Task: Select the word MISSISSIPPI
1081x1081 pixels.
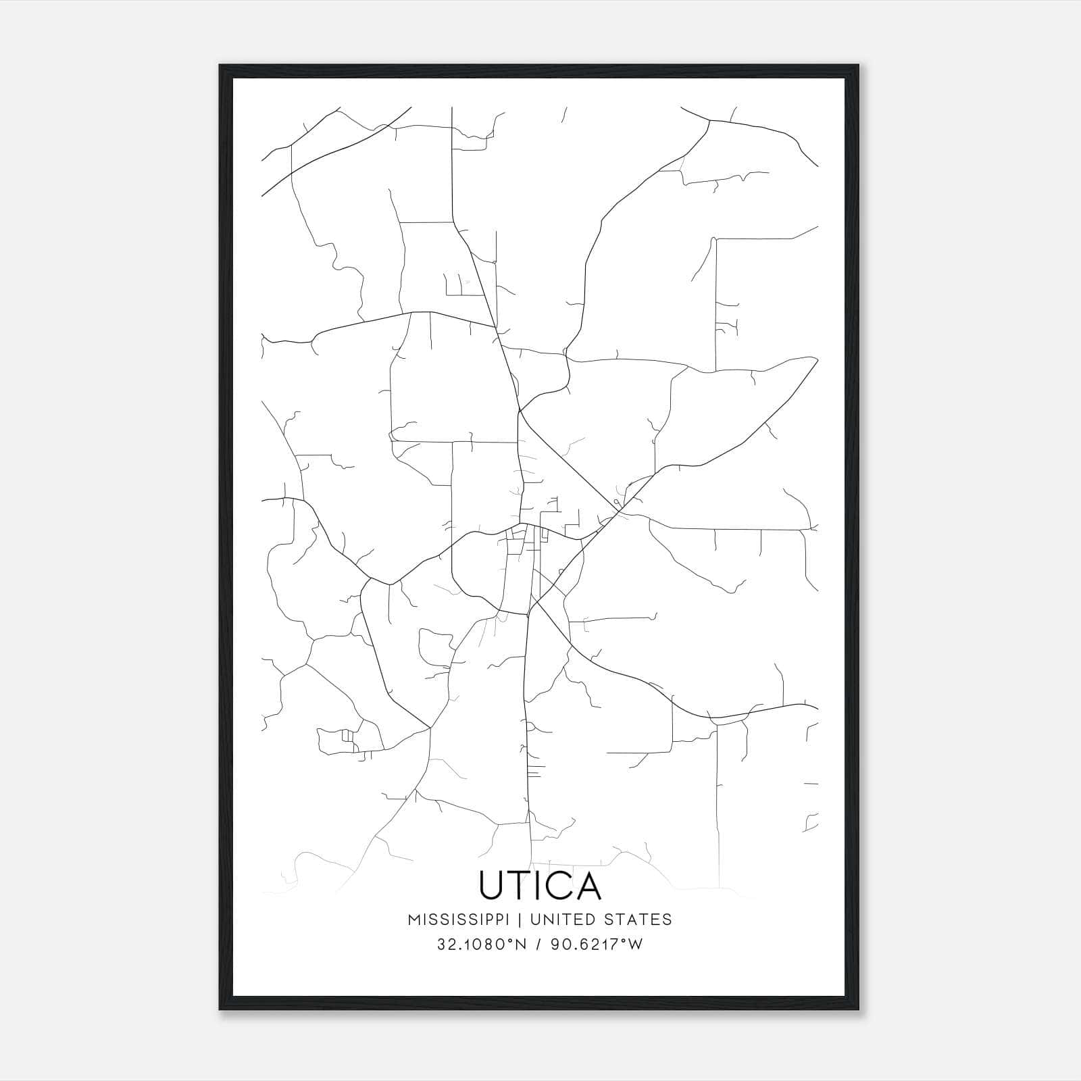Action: (463, 920)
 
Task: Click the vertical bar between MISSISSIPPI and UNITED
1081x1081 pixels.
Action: (523, 920)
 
